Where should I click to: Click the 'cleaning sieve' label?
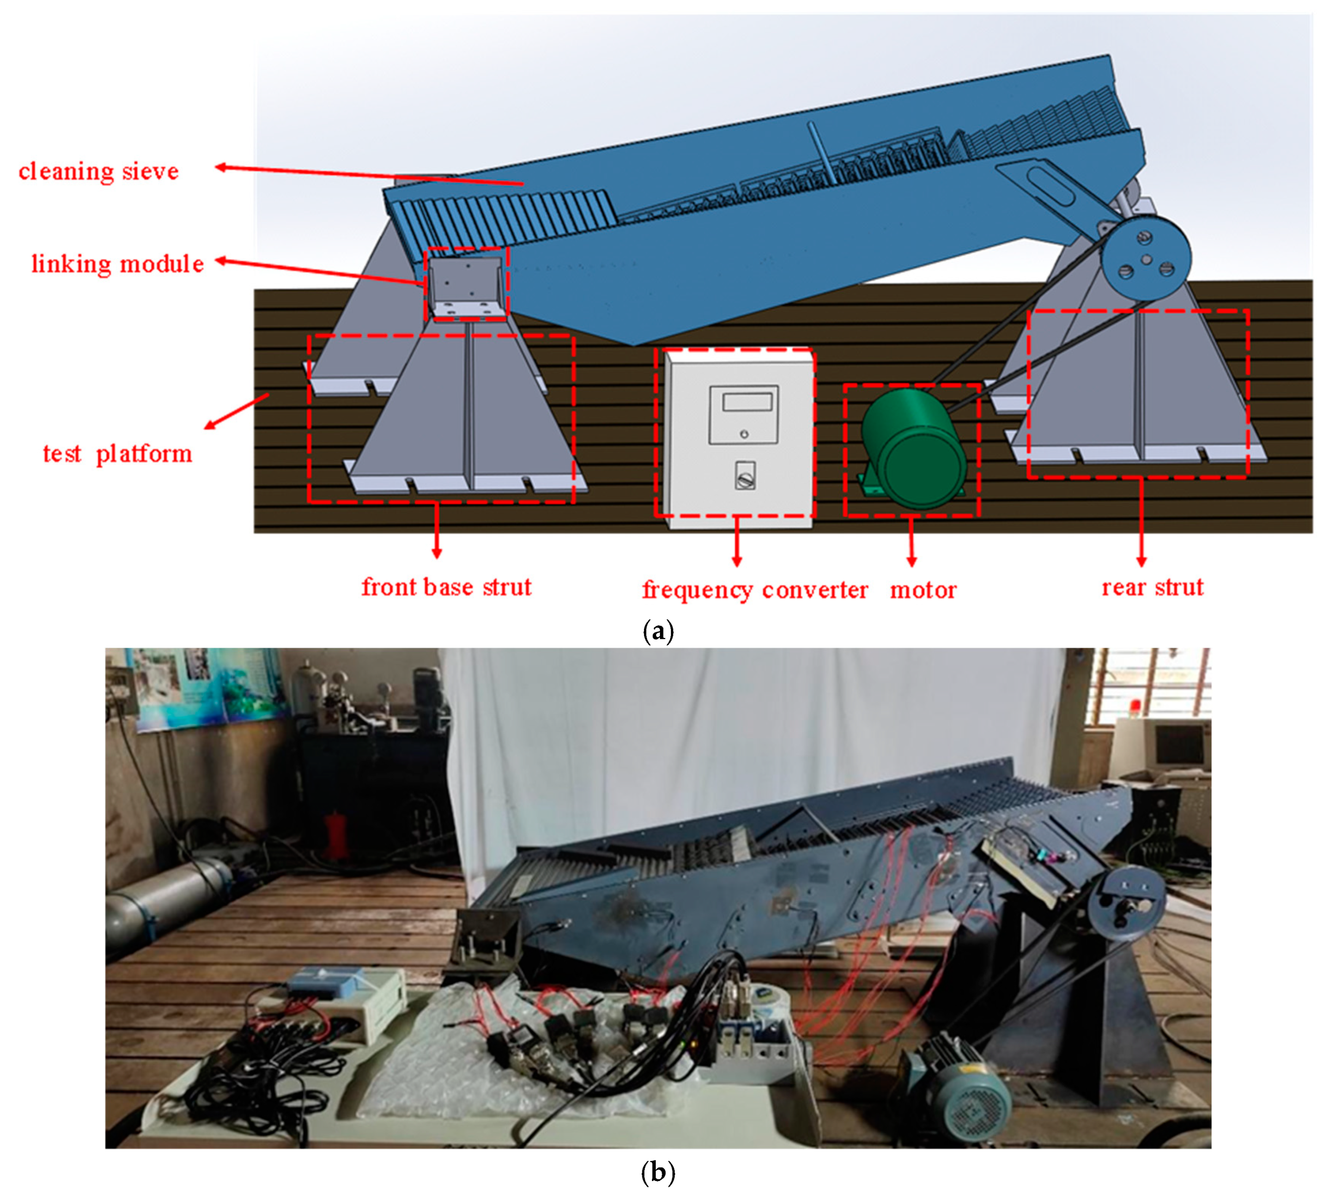(x=99, y=171)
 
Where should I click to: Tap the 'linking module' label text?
(x=118, y=264)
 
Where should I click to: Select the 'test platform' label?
(x=118, y=454)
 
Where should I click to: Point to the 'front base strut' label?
(x=446, y=587)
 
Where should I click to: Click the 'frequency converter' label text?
(x=755, y=589)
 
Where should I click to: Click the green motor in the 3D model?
(x=913, y=448)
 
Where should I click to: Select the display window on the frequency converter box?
(x=748, y=402)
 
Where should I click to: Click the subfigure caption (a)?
(x=657, y=632)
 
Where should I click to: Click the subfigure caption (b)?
(x=657, y=1172)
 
